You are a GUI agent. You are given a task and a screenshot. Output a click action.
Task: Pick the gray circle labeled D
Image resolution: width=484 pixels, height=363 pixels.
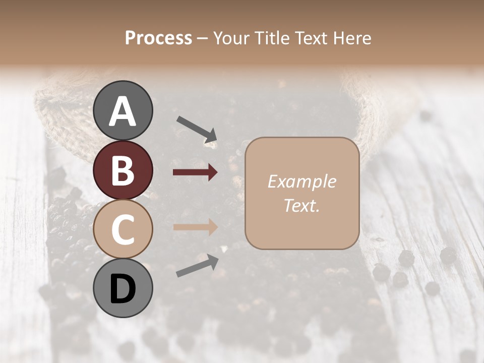pos(123,289)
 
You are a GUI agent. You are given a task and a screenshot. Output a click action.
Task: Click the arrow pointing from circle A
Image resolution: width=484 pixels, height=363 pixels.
pos(197,129)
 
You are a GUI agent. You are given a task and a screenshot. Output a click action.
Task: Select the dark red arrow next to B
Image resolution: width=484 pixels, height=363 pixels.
pos(195,172)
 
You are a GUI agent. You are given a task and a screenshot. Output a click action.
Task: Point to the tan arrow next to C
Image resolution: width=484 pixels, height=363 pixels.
pos(195,227)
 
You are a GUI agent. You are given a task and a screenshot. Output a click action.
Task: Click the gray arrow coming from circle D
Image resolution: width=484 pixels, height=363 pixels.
pos(197,266)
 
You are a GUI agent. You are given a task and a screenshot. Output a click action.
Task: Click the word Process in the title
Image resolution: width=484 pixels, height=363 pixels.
pos(158,38)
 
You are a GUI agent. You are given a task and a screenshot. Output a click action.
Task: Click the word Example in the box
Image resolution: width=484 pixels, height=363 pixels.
pos(301,181)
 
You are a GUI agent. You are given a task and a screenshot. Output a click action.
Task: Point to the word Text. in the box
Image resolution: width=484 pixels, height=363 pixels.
pos(301,205)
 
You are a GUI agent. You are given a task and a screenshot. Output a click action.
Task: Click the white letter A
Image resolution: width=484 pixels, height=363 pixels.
pos(123,111)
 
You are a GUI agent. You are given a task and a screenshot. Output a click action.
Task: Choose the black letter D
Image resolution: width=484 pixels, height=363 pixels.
pos(123,290)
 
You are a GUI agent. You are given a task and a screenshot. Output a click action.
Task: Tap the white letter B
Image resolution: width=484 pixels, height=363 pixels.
pos(123,170)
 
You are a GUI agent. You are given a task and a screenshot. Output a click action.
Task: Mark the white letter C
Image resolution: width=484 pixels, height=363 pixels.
pos(123,229)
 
